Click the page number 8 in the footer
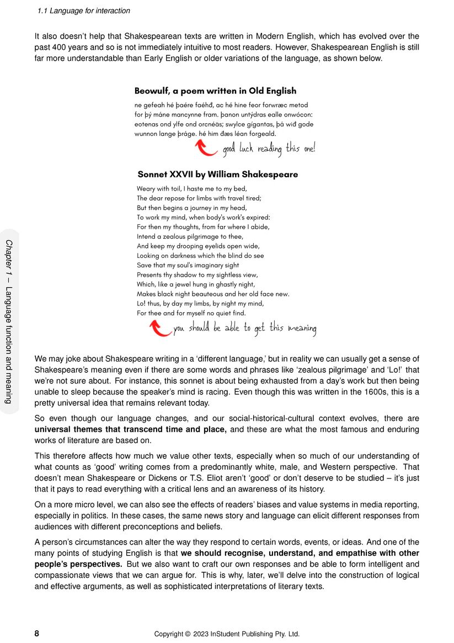tap(37, 634)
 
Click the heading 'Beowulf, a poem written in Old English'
tap(215, 91)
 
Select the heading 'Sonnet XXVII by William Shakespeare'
tap(217, 175)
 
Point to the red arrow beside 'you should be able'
tap(161, 328)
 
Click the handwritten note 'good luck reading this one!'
tap(269, 149)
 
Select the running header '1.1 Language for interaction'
tap(84, 10)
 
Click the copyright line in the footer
tap(227, 634)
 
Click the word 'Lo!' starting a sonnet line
tap(142, 303)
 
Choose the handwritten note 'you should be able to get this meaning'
tap(245, 329)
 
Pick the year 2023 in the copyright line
tap(200, 634)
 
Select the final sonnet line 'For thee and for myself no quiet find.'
tap(191, 313)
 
